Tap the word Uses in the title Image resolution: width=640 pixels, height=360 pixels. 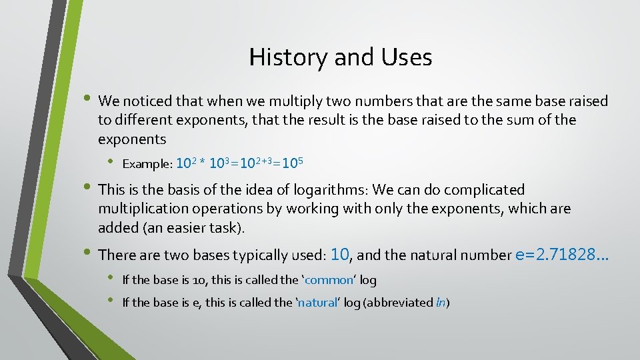407,57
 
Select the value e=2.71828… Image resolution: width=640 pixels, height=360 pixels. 562,254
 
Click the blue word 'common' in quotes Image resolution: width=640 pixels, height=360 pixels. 328,280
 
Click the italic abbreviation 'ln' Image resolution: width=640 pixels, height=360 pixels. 440,303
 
